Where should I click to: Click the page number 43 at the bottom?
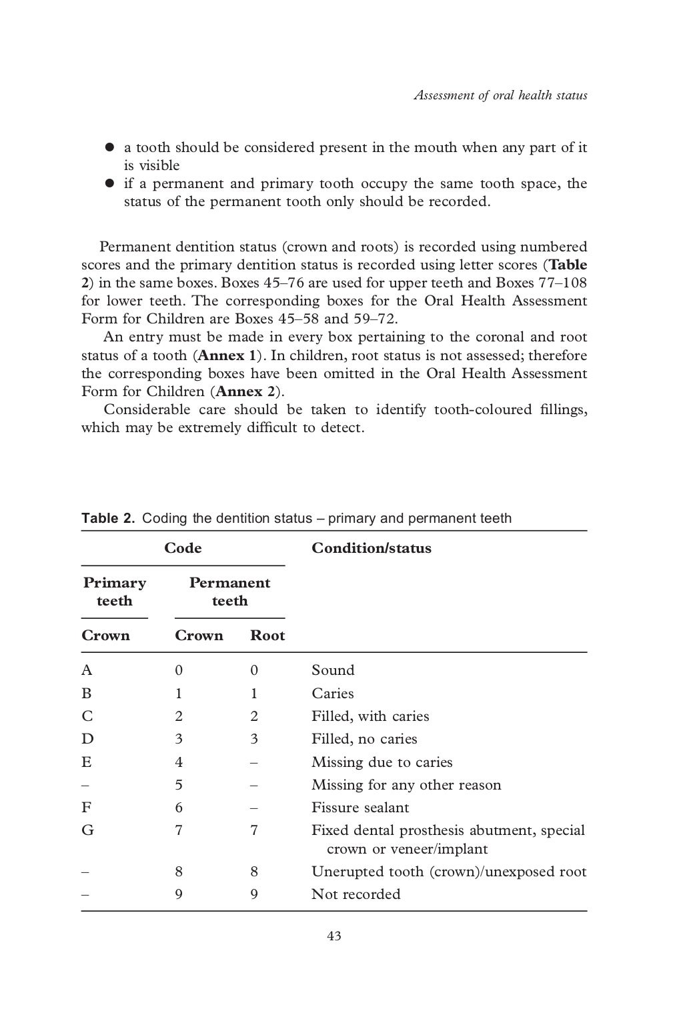tap(334, 936)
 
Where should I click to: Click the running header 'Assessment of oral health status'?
tap(500, 95)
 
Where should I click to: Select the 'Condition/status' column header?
tap(372, 548)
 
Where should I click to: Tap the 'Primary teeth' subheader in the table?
tap(114, 592)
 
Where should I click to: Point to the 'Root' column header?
tap(267, 636)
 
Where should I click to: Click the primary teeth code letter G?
tap(87, 830)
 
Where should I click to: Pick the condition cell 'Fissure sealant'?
tap(360, 808)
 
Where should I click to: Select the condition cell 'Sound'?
tap(333, 670)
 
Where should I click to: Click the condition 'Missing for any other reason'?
tap(406, 785)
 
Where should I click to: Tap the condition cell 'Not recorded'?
tap(356, 894)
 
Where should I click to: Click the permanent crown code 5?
tap(179, 785)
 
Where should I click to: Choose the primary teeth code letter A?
tap(87, 670)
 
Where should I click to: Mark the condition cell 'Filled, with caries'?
tap(370, 716)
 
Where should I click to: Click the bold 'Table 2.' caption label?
tap(108, 518)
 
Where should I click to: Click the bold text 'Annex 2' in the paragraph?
tap(246, 391)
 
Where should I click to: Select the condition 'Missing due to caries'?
tap(382, 762)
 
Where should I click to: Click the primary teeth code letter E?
tap(86, 762)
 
